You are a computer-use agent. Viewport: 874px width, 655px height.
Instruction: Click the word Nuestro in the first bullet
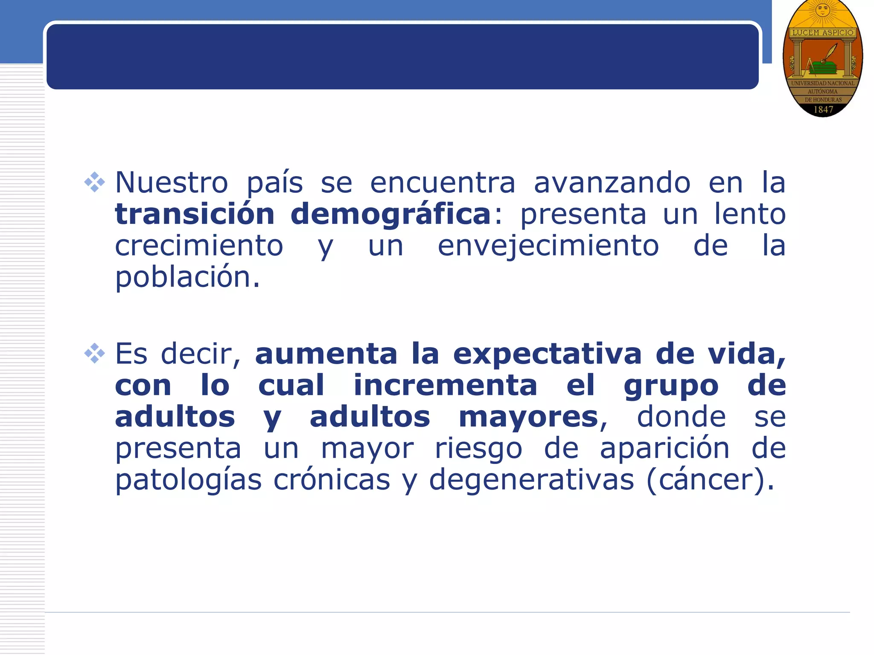click(x=172, y=183)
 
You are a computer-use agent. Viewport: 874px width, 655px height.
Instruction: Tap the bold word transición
click(x=195, y=214)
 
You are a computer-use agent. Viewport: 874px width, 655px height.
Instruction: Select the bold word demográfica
click(x=390, y=215)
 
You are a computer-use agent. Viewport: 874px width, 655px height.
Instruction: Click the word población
click(x=187, y=278)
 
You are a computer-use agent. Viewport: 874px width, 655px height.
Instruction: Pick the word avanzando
click(x=612, y=183)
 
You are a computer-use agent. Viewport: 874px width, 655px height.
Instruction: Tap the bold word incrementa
click(x=445, y=385)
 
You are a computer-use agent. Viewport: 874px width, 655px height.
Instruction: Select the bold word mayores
click(x=528, y=418)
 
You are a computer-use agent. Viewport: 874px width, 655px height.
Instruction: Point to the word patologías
click(x=188, y=481)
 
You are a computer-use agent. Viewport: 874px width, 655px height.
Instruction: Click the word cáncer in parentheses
click(x=707, y=480)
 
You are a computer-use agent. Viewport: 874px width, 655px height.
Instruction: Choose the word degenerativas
click(x=531, y=481)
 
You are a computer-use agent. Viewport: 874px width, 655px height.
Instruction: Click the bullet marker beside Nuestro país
click(x=94, y=183)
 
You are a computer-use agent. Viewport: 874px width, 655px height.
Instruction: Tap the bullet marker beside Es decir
click(x=94, y=354)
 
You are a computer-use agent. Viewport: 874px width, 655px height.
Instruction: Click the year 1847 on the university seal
click(x=823, y=110)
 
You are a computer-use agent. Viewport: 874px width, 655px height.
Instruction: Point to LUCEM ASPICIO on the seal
click(x=823, y=32)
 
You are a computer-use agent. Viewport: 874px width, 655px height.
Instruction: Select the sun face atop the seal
click(x=823, y=9)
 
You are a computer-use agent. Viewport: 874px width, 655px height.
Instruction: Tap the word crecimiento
click(x=199, y=246)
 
